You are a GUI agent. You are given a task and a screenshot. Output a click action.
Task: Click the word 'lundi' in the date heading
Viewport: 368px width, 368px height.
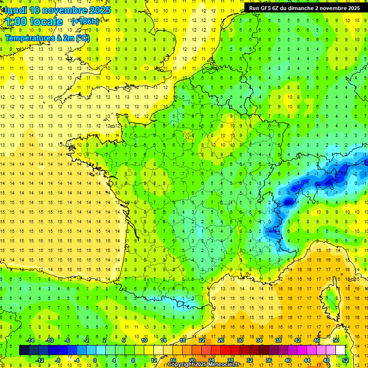tap(15, 10)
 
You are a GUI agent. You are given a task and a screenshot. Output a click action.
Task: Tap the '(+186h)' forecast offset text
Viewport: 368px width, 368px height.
tap(85, 21)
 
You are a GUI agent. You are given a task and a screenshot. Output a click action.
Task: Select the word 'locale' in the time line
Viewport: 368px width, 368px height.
tap(46, 22)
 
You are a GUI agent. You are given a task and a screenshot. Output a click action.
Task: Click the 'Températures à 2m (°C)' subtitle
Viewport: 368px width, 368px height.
tap(47, 38)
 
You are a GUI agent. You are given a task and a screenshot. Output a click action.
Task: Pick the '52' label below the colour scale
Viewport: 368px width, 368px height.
tap(345, 360)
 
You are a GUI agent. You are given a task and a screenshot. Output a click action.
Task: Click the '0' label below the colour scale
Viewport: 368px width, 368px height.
tap(95, 360)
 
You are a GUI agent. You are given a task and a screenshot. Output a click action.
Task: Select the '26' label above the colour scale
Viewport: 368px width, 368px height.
tap(221, 340)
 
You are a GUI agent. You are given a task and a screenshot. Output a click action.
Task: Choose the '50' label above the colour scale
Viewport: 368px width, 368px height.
tap(336, 340)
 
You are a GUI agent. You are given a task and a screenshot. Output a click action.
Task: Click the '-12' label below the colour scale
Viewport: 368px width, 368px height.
tap(40, 360)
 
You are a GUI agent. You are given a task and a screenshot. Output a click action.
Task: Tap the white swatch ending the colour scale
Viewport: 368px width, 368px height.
tap(340, 350)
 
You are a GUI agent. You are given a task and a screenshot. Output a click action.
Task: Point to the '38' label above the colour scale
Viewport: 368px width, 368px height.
tap(278, 340)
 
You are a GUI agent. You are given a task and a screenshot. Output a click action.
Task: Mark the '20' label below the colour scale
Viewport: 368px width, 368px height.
tap(192, 360)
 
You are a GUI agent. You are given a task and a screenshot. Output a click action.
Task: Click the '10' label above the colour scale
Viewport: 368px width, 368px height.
tap(144, 340)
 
